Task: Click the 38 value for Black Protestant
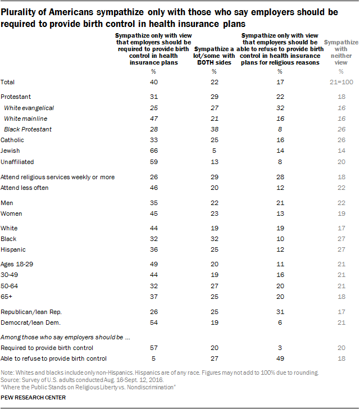click(213, 129)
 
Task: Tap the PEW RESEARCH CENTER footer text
click(34, 398)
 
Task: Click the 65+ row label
click(8, 296)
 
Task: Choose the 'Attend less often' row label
click(25, 188)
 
